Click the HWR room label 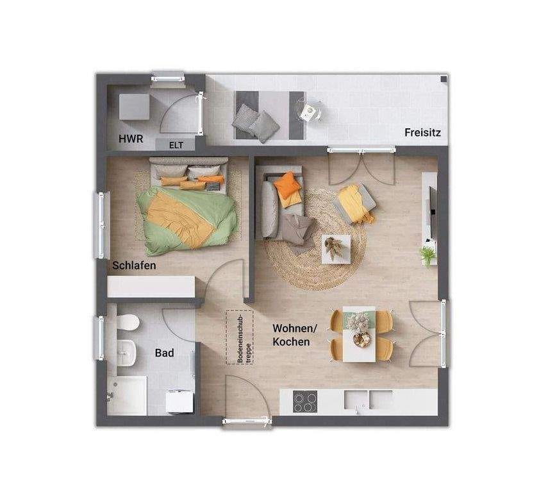point(131,139)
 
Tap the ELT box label point(176,145)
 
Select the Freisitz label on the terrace point(422,132)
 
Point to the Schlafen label point(134,266)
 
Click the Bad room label point(164,353)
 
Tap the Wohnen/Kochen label point(295,335)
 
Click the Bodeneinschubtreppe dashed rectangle point(240,337)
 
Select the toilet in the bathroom point(128,322)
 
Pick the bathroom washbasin point(126,352)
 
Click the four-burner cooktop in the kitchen point(305,402)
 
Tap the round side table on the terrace point(309,110)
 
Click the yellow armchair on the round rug point(356,203)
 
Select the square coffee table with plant point(336,249)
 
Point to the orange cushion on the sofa point(287,185)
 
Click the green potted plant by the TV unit point(428,255)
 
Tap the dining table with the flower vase point(359,334)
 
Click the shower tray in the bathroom point(127,396)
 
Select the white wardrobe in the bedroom point(151,287)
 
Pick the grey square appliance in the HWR point(135,107)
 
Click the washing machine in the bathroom point(179,401)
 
